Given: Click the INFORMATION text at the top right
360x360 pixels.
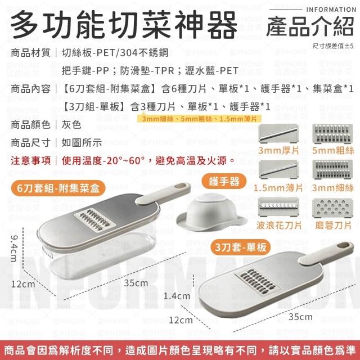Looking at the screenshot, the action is point(331,10).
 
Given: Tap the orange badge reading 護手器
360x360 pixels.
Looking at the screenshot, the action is point(224,181).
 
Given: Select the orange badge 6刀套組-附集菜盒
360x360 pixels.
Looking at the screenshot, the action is point(58,188).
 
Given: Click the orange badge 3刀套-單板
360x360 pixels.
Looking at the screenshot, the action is point(241,247).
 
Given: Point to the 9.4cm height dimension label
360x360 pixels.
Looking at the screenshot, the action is point(13,248).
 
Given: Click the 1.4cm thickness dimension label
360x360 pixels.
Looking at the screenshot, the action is point(177,296).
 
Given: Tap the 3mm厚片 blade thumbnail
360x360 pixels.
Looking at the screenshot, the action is point(278,133).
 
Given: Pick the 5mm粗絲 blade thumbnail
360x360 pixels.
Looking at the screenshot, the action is point(332,134).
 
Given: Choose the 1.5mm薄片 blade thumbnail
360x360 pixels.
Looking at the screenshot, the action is point(278,170).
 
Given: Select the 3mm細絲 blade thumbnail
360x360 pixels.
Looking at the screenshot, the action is point(332,170).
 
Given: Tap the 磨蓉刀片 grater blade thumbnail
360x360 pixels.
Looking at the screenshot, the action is point(332,208).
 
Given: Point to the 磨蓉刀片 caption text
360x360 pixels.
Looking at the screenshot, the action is point(333,225).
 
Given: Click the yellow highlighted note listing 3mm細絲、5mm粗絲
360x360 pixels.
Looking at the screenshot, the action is point(199,119).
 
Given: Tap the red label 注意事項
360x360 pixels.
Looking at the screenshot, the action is point(30,160).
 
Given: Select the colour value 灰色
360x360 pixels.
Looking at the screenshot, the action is point(71,125).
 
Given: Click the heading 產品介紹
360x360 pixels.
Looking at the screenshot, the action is point(310,27).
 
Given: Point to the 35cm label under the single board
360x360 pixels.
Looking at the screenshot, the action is point(300,317).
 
